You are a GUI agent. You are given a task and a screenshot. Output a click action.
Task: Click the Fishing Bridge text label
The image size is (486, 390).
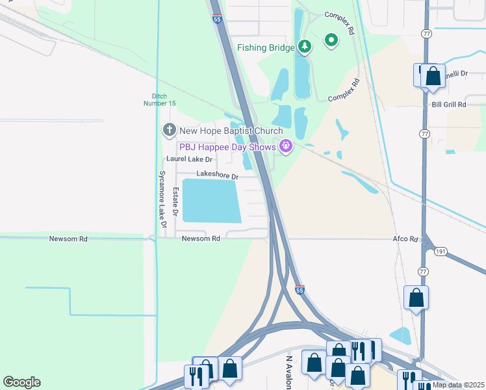pos(266,47)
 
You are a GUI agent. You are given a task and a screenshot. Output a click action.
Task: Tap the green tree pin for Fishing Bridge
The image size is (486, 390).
pos(305,46)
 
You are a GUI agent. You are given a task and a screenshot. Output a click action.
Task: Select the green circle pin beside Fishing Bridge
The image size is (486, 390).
pos(331,41)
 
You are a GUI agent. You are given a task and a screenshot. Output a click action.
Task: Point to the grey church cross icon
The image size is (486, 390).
pos(169,131)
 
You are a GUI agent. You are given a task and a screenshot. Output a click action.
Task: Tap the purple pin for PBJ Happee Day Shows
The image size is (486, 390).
pos(285,146)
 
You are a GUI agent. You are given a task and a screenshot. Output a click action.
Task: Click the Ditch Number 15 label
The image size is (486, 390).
pos(159,100)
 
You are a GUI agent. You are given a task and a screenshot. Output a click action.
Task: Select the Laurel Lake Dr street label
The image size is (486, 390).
pos(190,159)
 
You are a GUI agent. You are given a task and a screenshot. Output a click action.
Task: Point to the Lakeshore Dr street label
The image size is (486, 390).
pos(218,176)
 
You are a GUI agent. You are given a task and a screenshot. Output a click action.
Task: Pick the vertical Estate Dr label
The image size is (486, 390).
pos(175,202)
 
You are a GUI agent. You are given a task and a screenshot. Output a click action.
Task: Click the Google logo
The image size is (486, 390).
pos(21,382)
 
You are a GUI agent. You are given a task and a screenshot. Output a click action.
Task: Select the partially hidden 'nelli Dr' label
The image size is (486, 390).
pos(456,74)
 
